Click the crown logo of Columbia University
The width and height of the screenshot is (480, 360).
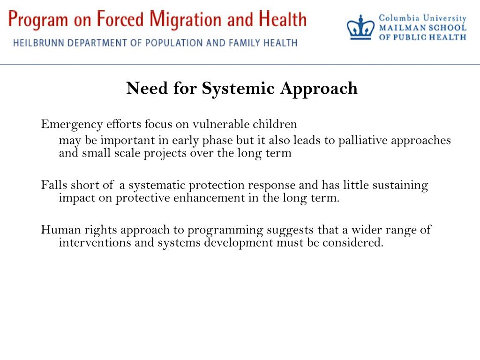361,28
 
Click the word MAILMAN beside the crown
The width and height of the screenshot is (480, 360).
399,28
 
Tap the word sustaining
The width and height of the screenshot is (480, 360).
400,185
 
